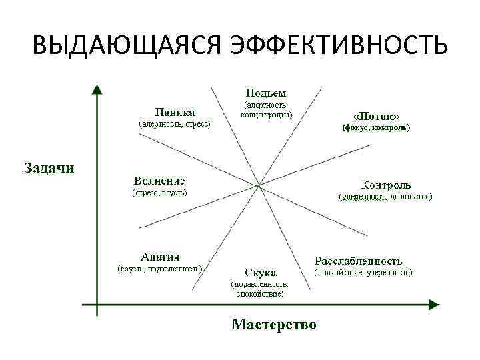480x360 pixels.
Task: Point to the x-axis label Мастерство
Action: coord(274,325)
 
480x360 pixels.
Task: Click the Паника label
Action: coord(175,111)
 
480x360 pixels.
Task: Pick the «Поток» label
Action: coord(375,114)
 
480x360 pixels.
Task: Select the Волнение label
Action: coord(159,181)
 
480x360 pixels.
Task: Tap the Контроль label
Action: coord(385,184)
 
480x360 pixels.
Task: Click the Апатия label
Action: coord(160,257)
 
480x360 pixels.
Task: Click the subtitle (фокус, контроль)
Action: coord(376,127)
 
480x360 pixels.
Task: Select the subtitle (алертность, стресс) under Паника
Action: coord(174,124)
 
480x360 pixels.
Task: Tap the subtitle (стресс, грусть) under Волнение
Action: coord(159,193)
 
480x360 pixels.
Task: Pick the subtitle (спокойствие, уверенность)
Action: coord(363,273)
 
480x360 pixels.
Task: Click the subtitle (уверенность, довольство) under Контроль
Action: coord(385,197)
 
